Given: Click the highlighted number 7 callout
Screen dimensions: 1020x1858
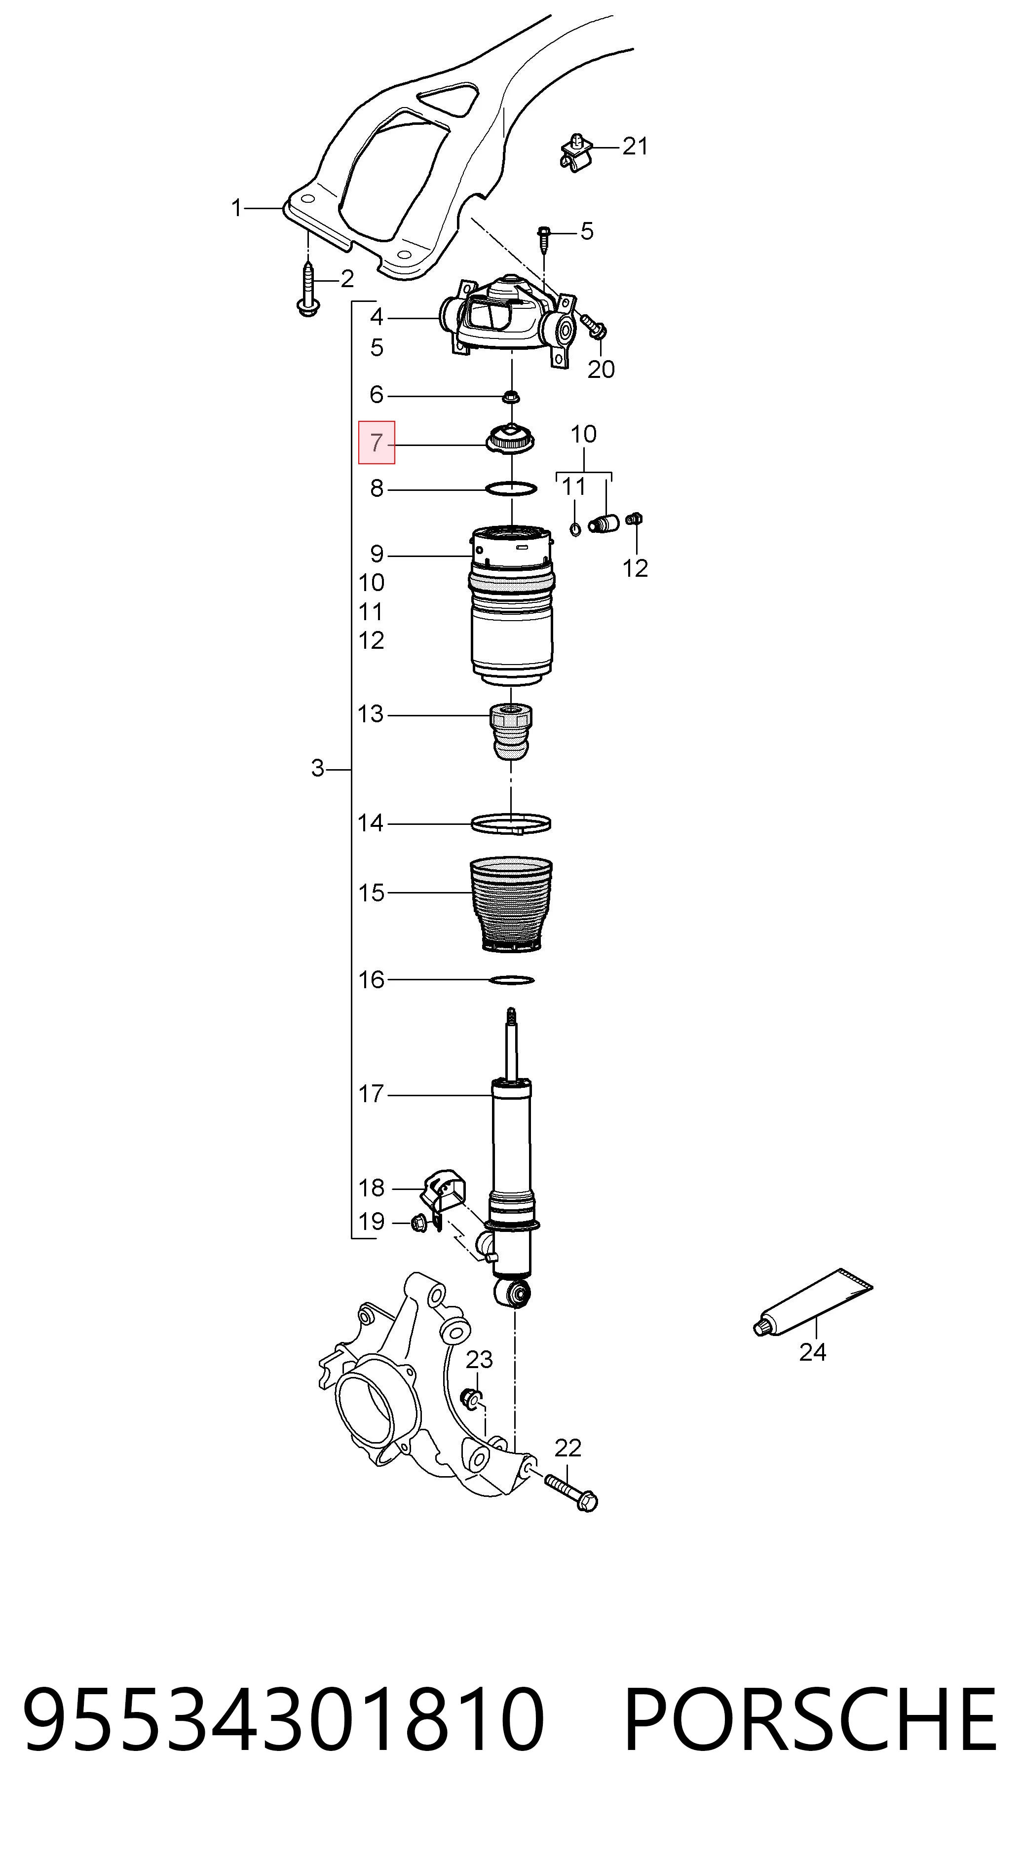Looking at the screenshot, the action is coord(377,442).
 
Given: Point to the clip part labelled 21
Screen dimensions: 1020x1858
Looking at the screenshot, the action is coord(576,151).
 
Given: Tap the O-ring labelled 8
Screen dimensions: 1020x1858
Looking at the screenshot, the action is coord(511,489).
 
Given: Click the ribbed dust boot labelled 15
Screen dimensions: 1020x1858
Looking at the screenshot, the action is coord(511,904).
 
